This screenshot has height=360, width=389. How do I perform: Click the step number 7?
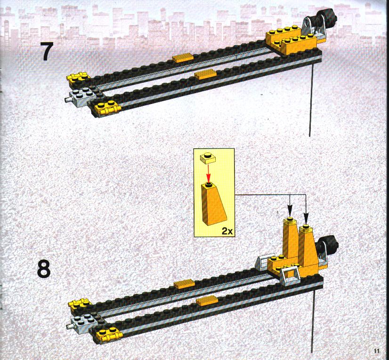[x=47, y=52]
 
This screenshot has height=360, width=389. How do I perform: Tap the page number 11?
[x=377, y=351]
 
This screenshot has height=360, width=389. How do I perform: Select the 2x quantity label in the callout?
[x=227, y=231]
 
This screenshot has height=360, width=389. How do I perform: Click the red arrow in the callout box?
[x=208, y=173]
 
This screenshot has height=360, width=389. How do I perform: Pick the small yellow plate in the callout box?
[x=208, y=158]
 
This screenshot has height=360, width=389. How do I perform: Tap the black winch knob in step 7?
[x=329, y=16]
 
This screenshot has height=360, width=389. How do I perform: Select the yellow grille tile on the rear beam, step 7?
[x=183, y=58]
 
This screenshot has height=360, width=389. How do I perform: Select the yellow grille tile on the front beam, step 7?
[x=205, y=74]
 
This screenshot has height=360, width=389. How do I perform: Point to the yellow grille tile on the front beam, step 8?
[x=207, y=300]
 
